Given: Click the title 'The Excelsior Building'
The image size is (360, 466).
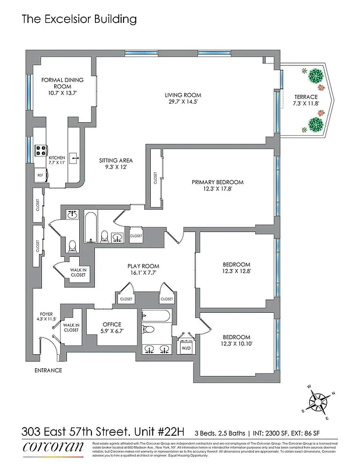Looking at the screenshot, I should [79, 19].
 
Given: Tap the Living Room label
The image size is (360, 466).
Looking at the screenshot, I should [182, 98].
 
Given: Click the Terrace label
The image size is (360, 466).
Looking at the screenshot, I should [305, 100].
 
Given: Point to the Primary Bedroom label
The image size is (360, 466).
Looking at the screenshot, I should [217, 186].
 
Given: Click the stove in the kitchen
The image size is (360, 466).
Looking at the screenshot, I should [41, 151].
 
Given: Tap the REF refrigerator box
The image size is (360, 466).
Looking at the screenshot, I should [41, 175].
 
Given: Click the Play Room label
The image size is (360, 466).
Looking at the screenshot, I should [143, 269].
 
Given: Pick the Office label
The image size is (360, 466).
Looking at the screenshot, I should [111, 327].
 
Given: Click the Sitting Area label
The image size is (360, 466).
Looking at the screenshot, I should [116, 164].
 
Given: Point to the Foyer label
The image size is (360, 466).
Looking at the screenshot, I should [46, 316].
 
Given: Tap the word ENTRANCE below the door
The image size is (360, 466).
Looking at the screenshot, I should [48, 370].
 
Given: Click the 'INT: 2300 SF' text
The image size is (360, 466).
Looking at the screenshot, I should [281, 433].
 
